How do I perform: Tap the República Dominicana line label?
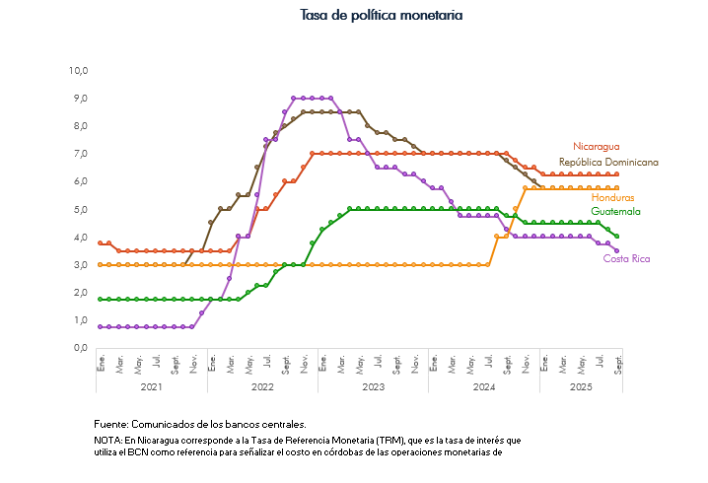click(x=608, y=162)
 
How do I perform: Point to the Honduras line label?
click(x=613, y=198)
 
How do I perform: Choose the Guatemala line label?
click(x=615, y=211)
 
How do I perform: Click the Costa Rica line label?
click(x=626, y=258)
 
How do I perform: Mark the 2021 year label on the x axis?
click(x=151, y=388)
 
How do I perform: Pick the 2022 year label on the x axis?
click(x=262, y=388)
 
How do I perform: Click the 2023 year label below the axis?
click(x=373, y=388)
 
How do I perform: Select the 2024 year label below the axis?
click(x=483, y=388)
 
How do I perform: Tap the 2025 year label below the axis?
click(x=580, y=388)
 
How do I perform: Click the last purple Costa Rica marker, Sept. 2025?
click(x=616, y=250)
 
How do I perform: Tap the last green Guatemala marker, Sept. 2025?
click(x=616, y=237)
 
